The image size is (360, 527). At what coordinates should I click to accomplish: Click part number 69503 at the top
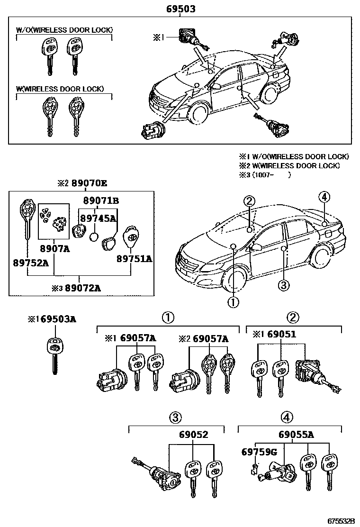(180, 9)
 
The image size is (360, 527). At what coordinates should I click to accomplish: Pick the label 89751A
(134, 259)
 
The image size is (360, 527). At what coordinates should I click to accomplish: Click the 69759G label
(259, 452)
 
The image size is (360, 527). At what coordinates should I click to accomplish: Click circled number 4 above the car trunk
(324, 197)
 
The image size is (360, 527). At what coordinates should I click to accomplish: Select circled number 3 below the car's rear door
(283, 285)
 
